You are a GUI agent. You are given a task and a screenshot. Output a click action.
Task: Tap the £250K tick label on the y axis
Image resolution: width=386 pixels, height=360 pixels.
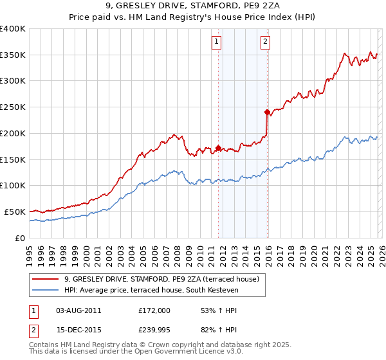pyautogui.click(x=13, y=107)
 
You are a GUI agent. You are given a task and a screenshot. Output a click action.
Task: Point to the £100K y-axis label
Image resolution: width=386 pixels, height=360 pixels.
pyautogui.click(x=13, y=186)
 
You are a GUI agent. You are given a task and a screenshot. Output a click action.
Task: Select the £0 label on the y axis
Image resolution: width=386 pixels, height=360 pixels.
pyautogui.click(x=19, y=238)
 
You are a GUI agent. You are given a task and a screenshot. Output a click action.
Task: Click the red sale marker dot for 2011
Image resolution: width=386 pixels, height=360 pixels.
pyautogui.click(x=218, y=148)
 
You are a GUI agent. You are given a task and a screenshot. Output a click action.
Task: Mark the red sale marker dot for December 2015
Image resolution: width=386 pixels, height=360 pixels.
pyautogui.click(x=267, y=112)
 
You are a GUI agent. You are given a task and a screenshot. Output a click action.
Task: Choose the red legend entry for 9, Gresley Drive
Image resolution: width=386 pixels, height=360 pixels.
pyautogui.click(x=161, y=279)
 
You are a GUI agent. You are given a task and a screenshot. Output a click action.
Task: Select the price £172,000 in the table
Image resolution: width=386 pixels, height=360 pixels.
pyautogui.click(x=154, y=310)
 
